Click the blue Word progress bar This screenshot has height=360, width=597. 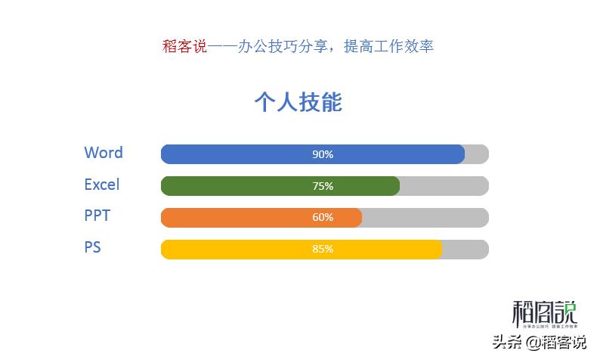pos(242,154)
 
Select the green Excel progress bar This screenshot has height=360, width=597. pos(227,186)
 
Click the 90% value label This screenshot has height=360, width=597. pos(323,154)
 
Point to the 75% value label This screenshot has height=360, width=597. pos(323,186)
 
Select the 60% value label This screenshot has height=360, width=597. pos(323,218)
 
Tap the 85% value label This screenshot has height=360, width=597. pos(323,250)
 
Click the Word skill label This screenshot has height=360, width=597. pos(104,153)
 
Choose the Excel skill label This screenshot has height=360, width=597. pos(102,185)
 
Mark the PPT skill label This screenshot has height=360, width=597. pos(97,216)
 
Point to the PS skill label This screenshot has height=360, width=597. pos(92,248)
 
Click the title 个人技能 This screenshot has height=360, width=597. pos(298,102)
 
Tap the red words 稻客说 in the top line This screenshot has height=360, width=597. pos(184,46)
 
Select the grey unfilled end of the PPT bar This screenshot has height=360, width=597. pos(425,218)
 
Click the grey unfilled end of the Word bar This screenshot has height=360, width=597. pos(477,154)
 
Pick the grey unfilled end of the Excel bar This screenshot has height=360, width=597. pos(444,186)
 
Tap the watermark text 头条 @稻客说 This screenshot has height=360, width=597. pos(540,343)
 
